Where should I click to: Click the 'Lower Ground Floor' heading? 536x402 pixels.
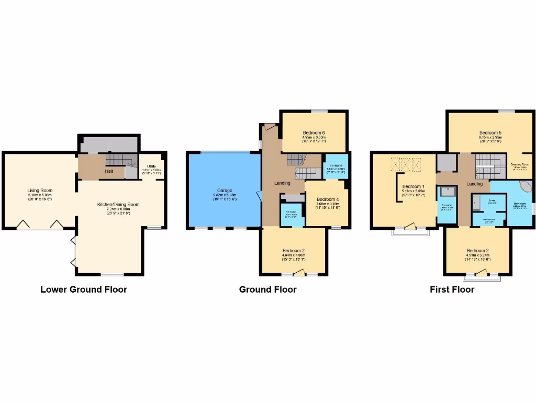pyautogui.click(x=84, y=289)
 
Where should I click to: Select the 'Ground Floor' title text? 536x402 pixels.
pyautogui.click(x=267, y=289)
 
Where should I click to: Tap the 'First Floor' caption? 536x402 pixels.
pyautogui.click(x=452, y=289)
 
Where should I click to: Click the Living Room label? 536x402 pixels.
pyautogui.click(x=40, y=191)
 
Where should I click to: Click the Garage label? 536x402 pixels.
pyautogui.click(x=225, y=191)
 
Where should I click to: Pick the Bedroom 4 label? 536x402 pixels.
pyautogui.click(x=328, y=199)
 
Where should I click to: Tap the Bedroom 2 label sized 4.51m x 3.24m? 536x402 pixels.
pyautogui.click(x=477, y=250)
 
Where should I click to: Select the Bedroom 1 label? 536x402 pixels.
pyautogui.click(x=414, y=186)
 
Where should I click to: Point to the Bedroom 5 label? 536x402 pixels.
pyautogui.click(x=490, y=132)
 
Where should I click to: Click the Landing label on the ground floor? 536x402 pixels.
pyautogui.click(x=284, y=183)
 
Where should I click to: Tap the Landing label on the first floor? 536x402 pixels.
pyautogui.click(x=474, y=184)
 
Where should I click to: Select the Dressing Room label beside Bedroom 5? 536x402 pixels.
pyautogui.click(x=520, y=164)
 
